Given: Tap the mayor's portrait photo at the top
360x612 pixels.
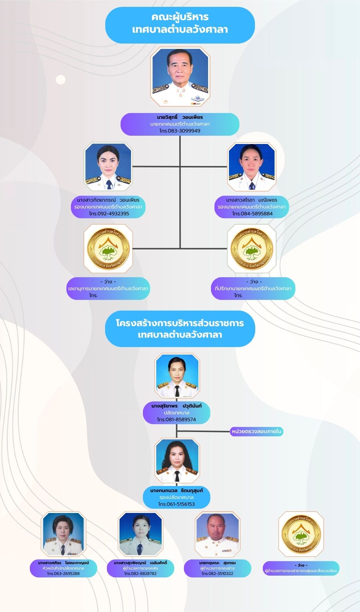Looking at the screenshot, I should click(180, 77).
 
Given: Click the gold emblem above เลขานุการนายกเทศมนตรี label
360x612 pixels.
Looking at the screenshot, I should click(108, 248).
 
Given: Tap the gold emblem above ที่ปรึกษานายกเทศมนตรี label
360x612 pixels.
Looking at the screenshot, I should click(252, 248).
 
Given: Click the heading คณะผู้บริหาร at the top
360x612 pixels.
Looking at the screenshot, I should click(180, 17).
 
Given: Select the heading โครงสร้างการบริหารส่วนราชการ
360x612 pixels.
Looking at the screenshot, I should click(180, 323).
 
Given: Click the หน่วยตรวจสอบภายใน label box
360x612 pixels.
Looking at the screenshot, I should click(256, 431).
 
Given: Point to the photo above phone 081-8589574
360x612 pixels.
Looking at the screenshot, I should click(177, 375).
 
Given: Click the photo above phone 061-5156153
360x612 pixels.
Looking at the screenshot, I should click(177, 461).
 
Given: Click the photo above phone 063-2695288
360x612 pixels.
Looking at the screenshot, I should click(63, 534).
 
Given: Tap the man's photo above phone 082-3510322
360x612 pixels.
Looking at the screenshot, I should click(217, 534).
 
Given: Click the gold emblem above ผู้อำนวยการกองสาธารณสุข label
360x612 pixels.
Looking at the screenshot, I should click(301, 534).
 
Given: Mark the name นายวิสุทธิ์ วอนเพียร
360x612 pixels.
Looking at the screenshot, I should click(180, 117).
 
